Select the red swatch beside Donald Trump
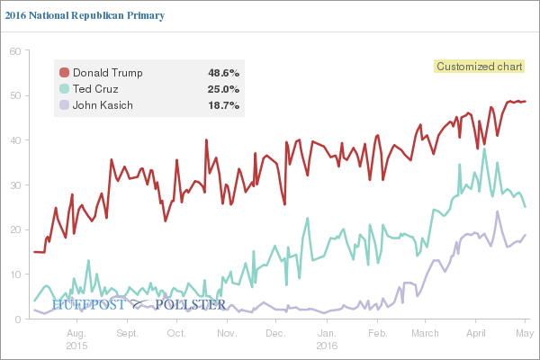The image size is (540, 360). point(64,72)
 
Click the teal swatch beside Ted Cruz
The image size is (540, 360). point(64,89)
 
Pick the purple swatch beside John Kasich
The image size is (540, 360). point(64,105)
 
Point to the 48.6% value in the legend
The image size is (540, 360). point(222,72)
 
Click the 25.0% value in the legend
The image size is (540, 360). point(222,89)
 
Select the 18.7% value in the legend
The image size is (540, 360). point(222,105)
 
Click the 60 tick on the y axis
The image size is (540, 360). point(14,51)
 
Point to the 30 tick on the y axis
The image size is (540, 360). point(14,184)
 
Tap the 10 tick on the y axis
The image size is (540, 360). point(14,274)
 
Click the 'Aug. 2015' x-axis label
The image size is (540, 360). point(76,338)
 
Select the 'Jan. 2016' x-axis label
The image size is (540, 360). point(328,338)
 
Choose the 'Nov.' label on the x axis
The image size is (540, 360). point(227,333)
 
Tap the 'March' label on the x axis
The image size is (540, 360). point(425,333)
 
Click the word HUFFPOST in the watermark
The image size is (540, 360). point(89,305)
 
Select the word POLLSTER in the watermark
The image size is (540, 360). point(191,305)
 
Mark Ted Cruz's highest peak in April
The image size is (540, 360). point(484,149)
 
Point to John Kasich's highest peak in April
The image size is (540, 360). point(497,212)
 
